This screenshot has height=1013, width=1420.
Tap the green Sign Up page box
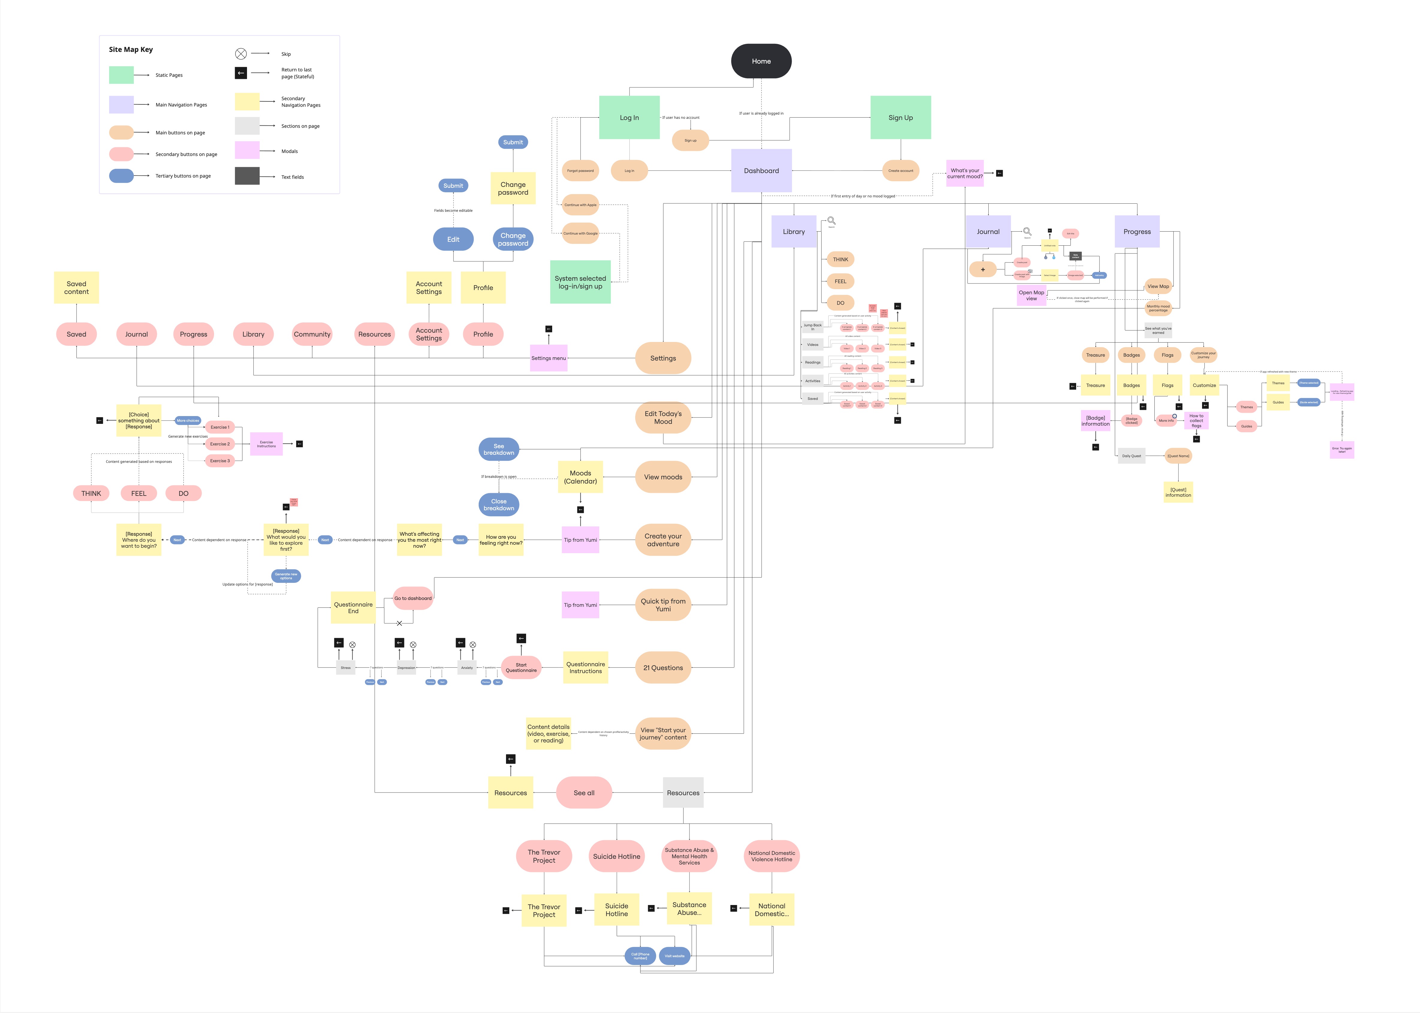(x=900, y=117)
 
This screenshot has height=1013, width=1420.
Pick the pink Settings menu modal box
(x=549, y=358)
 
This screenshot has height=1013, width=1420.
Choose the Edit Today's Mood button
(x=662, y=417)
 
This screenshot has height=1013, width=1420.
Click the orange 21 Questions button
(x=662, y=667)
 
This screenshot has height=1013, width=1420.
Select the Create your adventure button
(x=662, y=540)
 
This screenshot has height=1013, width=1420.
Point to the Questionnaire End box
(x=353, y=607)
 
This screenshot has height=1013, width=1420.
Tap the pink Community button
(x=312, y=334)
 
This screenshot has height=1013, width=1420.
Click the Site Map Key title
(x=131, y=49)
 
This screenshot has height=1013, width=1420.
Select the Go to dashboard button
(x=413, y=598)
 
